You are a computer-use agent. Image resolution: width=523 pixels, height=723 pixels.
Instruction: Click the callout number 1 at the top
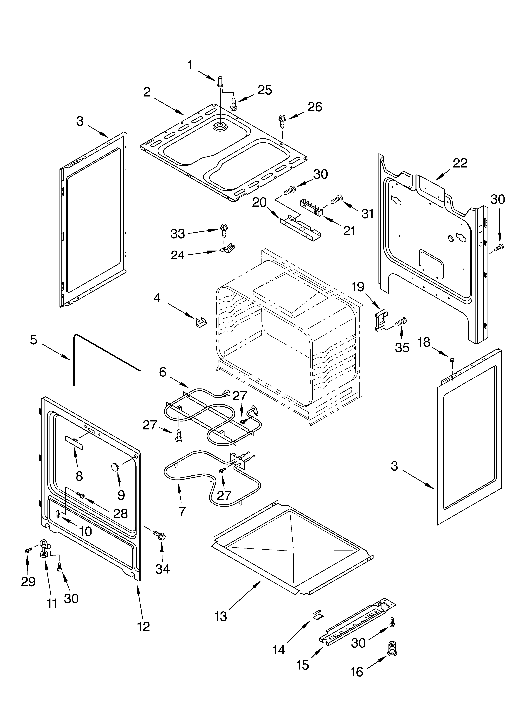(x=190, y=65)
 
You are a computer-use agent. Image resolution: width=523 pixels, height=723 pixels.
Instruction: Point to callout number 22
(x=460, y=163)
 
